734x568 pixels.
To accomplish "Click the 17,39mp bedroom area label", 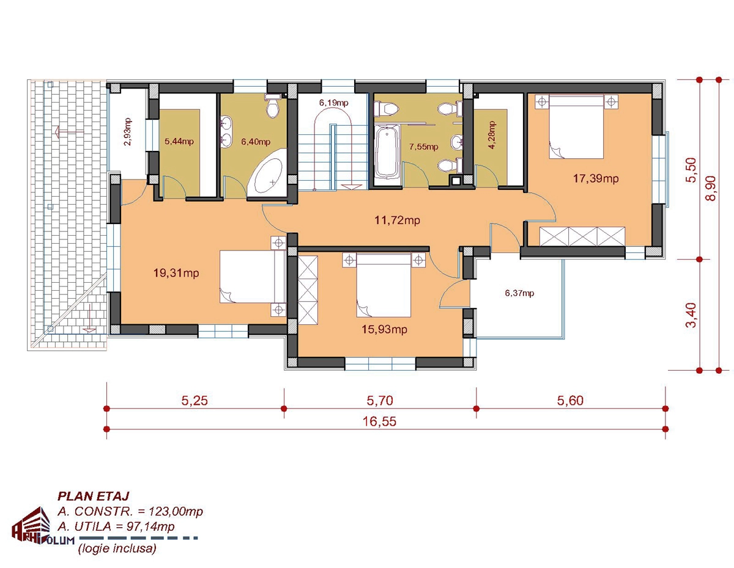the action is pos(596,178).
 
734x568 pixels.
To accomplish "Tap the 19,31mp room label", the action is pos(176,273).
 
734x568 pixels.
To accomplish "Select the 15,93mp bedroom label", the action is pos(384,329).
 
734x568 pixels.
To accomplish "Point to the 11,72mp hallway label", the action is pos(397,220).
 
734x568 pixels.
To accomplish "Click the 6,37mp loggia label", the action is pos(519,293).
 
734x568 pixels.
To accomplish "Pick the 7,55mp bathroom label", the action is pos(423,147).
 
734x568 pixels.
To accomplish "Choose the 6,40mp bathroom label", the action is pos(256,142).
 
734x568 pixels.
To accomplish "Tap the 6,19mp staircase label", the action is pos(334,103).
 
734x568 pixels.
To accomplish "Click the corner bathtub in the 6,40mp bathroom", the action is pos(267,175).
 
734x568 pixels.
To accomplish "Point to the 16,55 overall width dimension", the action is pos(379,421).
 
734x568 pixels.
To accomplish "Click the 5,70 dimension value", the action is pos(380,401).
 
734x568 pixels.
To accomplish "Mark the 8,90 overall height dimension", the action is pos(711,188).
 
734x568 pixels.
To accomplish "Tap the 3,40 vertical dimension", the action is pos(691,315).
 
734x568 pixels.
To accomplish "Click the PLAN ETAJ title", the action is pos(94,496).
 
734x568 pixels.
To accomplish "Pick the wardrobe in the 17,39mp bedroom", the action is pos(582,236).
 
